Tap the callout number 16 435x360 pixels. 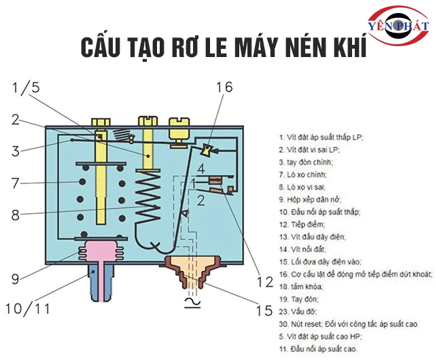[x=224, y=86]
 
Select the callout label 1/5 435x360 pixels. [x=26, y=88]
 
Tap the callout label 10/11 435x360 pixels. [x=29, y=308]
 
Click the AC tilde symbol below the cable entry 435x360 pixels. [x=186, y=301]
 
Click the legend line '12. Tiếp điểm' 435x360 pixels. [x=302, y=223]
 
